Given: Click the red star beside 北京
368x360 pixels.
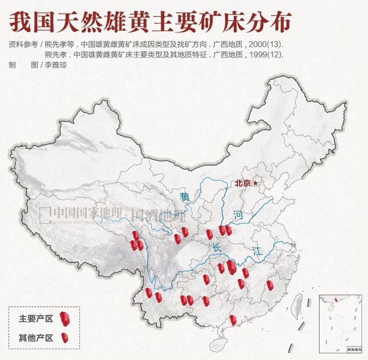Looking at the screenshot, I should (x=256, y=183).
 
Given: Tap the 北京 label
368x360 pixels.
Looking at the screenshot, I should (x=242, y=183).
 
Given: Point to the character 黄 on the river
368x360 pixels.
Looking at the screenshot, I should (x=185, y=197).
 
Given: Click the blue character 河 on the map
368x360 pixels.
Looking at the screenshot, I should (x=237, y=214).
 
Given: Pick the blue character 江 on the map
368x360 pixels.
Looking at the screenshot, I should (x=256, y=251).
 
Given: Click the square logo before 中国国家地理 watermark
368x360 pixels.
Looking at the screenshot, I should (x=45, y=213).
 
